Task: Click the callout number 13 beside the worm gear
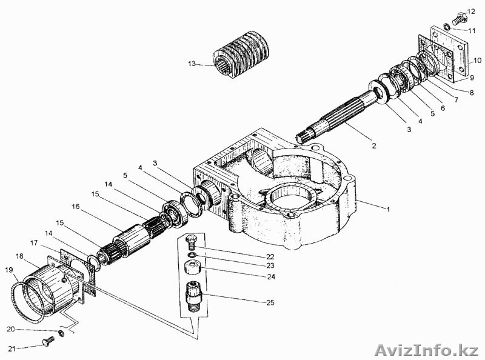[192, 64]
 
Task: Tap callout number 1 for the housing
[388, 209]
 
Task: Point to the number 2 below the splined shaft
[374, 145]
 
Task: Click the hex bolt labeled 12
[459, 19]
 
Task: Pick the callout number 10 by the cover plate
[477, 61]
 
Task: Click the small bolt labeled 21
[48, 342]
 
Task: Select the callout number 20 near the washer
[11, 329]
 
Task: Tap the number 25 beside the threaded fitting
[270, 302]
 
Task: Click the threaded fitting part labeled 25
[193, 296]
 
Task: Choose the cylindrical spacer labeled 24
[193, 267]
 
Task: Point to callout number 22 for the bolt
[270, 257]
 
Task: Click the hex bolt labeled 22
[191, 242]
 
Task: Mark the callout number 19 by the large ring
[9, 270]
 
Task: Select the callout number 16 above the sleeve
[75, 207]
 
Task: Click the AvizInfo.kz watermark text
[427, 350]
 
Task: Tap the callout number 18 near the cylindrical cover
[19, 256]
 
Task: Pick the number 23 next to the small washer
[270, 265]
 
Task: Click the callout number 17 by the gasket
[34, 243]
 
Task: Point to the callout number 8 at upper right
[472, 93]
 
